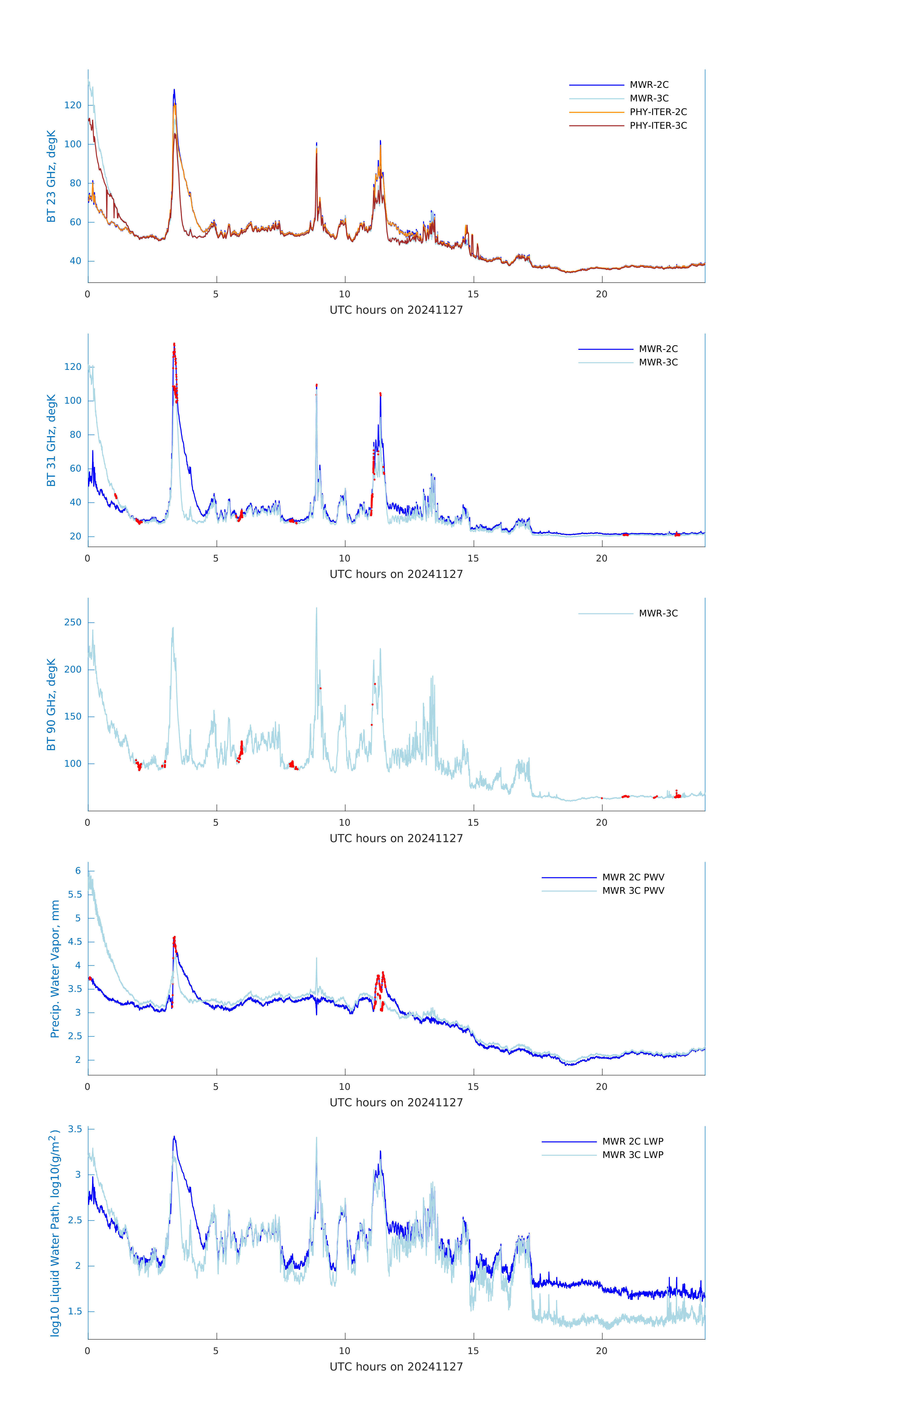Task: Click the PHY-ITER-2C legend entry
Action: (x=658, y=112)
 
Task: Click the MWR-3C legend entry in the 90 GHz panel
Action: (x=658, y=613)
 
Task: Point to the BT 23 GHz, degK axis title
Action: (x=51, y=176)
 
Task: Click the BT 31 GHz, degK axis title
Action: (x=51, y=440)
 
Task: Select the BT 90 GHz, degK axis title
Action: (x=51, y=704)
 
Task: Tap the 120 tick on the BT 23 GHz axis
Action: (x=73, y=105)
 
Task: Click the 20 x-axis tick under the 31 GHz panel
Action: (x=601, y=558)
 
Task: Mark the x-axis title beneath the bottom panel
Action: (x=396, y=1367)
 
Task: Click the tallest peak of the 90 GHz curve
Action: (x=316, y=608)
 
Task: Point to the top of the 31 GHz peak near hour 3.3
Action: (x=174, y=344)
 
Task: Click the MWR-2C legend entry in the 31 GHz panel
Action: (x=658, y=349)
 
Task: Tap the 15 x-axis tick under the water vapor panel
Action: (x=473, y=1087)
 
